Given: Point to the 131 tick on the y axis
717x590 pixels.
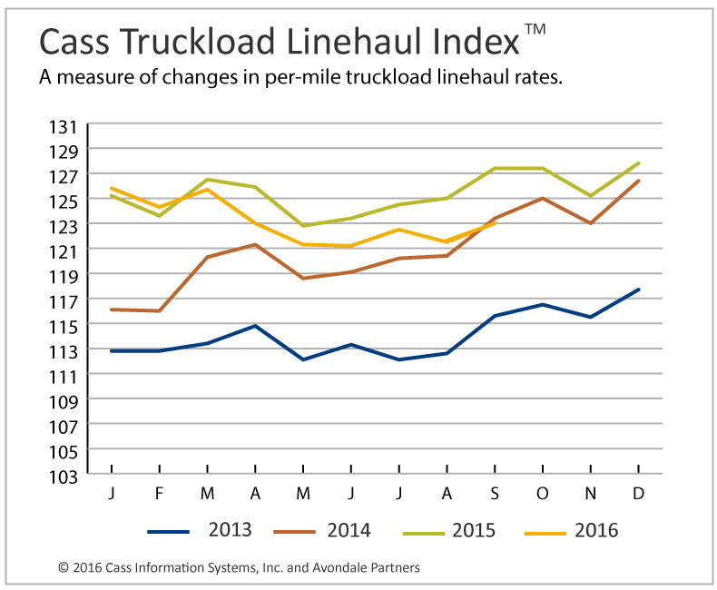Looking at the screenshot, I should click(x=70, y=125).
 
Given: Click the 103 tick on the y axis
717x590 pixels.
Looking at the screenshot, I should click(x=70, y=475).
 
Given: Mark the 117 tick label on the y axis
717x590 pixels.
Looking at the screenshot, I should click(x=70, y=300).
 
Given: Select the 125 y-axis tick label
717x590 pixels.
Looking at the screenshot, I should click(x=70, y=200).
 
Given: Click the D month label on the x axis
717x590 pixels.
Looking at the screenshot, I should click(x=639, y=492).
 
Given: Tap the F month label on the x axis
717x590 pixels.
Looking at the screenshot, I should click(x=160, y=492).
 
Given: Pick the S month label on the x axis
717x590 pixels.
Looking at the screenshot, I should click(x=495, y=492).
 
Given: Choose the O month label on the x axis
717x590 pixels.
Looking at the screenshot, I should click(x=543, y=492).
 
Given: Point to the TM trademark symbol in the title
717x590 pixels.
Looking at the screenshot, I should click(x=535, y=30).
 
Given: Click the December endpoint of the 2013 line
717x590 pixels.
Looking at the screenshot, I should click(x=639, y=290).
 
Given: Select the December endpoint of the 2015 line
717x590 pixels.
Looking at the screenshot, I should click(x=639, y=163).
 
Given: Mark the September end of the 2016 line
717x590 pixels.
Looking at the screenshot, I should click(x=495, y=222).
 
